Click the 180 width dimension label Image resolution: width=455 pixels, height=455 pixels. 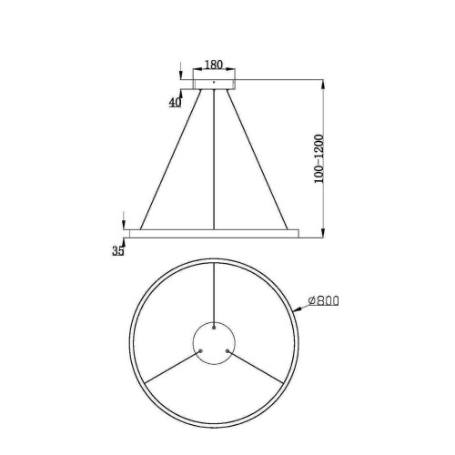[x=214, y=65]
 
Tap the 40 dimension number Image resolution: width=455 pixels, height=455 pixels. [x=175, y=102]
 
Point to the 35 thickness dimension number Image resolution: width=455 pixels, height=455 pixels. [x=118, y=252]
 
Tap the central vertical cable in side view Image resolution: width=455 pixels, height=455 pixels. [x=214, y=159]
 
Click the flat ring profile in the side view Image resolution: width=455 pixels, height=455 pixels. [x=214, y=233]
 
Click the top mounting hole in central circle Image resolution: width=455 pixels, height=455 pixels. [x=214, y=327]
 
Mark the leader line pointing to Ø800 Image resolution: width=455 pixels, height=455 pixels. [x=300, y=307]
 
